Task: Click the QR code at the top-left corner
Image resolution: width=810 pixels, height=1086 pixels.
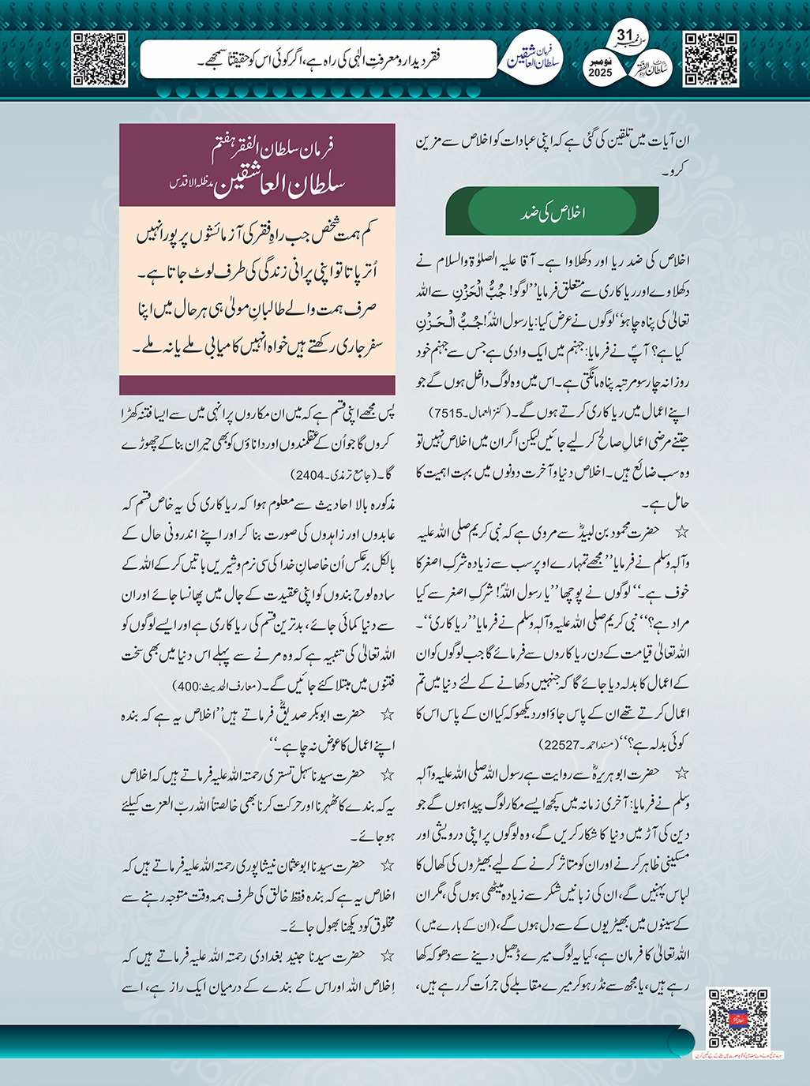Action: pos(99,59)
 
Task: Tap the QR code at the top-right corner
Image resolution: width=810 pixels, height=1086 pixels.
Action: pos(711,59)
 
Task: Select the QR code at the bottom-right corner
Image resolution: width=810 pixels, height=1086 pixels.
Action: pos(737,1018)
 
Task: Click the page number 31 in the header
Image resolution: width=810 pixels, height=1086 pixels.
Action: pos(624,36)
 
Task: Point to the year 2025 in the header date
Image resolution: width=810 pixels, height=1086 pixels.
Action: pos(600,73)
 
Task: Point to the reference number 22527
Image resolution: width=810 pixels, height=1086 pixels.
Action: pos(557,744)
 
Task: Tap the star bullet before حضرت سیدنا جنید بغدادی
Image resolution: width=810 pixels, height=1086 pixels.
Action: pos(387,956)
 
